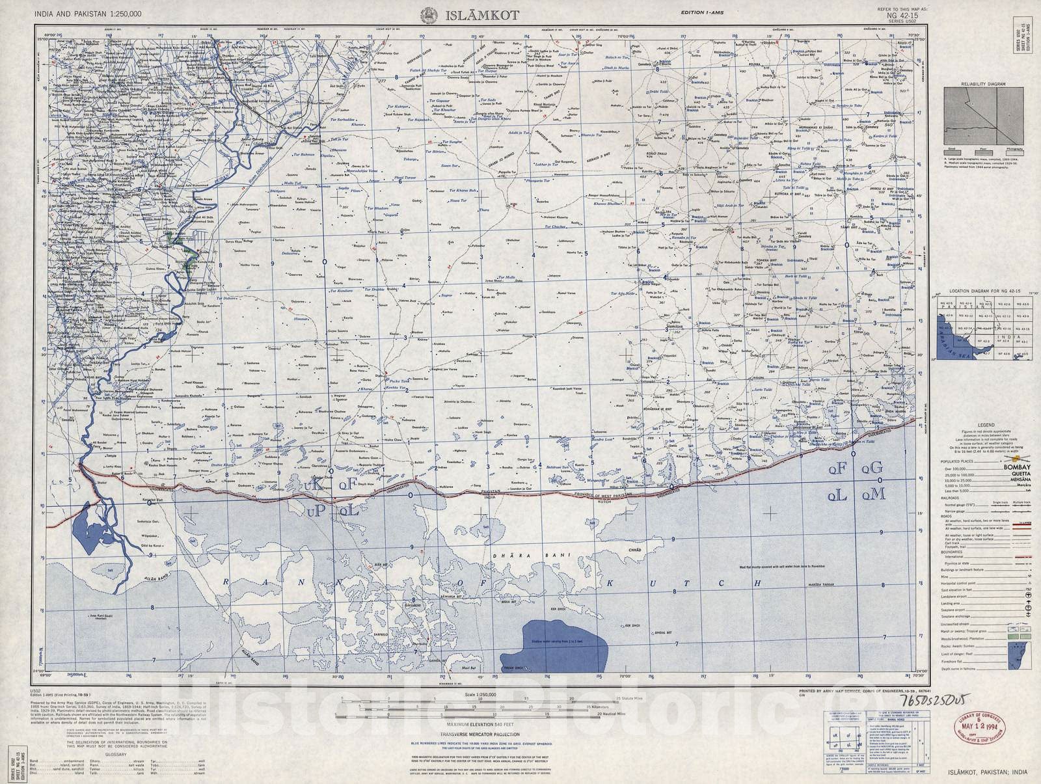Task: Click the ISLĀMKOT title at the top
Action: (x=481, y=15)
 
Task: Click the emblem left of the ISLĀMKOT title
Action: (x=429, y=15)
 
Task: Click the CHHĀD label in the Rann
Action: (x=634, y=550)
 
